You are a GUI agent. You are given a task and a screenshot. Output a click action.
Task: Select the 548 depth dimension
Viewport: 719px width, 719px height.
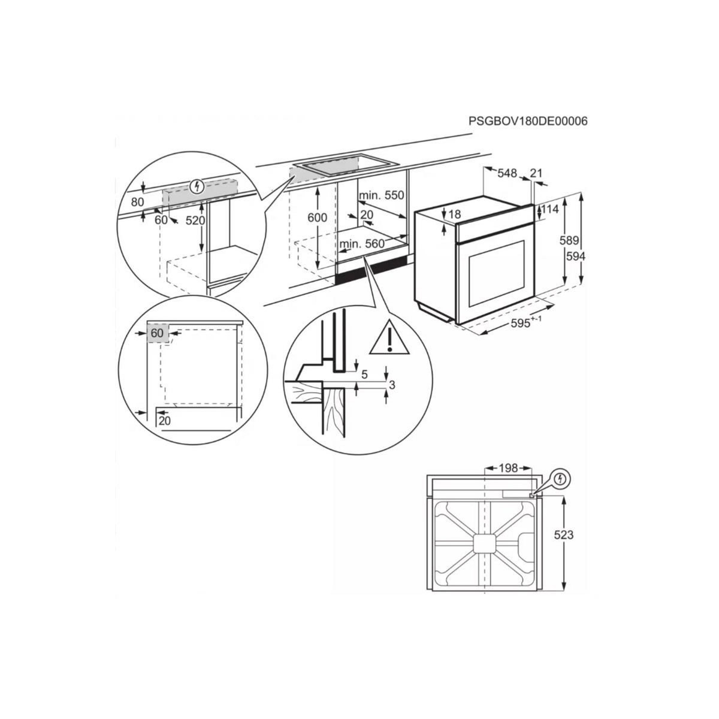click(506, 174)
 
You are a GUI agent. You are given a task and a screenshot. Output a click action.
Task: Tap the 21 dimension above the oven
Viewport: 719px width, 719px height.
click(536, 174)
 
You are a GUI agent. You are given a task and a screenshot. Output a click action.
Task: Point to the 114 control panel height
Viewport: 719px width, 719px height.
click(549, 209)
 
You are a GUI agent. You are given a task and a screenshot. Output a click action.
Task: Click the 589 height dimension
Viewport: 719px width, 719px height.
click(569, 241)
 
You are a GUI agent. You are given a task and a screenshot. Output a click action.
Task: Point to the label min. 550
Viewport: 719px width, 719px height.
click(382, 195)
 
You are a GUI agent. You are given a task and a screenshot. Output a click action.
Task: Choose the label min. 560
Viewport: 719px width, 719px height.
click(361, 244)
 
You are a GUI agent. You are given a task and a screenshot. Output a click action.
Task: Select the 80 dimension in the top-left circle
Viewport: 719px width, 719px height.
click(138, 202)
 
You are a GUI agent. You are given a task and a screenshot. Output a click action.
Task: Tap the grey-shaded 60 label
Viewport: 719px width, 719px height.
click(157, 333)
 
